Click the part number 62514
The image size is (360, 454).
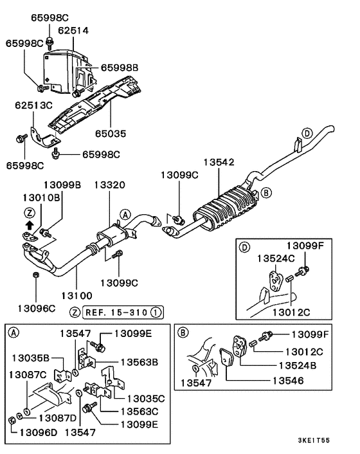pyautogui.click(x=73, y=30)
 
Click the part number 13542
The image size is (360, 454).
pyautogui.click(x=221, y=163)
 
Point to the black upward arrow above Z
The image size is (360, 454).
pyautogui.click(x=29, y=224)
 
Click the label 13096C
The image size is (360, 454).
pyautogui.click(x=35, y=309)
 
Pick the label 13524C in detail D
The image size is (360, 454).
pyautogui.click(x=276, y=258)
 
